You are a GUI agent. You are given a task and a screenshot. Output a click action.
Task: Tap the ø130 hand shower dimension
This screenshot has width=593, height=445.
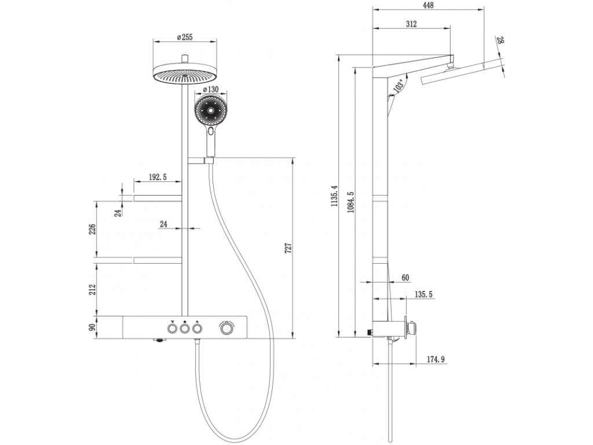click(x=211, y=89)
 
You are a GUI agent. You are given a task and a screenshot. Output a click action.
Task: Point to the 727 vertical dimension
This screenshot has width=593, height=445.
click(x=288, y=248)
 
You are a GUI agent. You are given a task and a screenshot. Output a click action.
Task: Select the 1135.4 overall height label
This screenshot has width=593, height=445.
click(x=334, y=197)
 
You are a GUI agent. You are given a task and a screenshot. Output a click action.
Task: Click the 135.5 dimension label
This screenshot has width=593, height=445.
click(x=423, y=294)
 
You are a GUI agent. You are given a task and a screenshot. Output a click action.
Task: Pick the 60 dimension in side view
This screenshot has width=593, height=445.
click(x=405, y=278)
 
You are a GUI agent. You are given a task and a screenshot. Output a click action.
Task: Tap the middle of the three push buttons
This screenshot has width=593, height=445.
click(x=184, y=329)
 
